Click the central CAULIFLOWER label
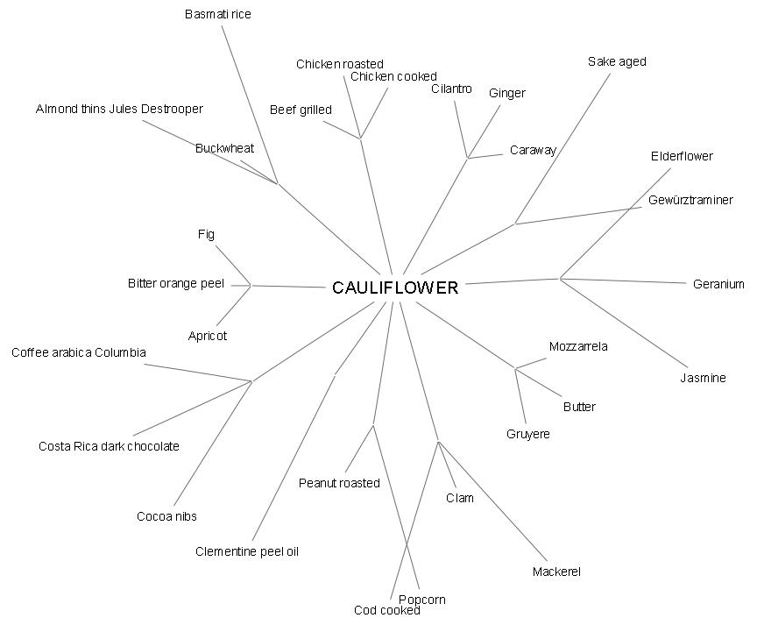395,288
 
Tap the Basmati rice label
218,14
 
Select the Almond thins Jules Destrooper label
119,109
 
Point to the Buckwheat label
224,148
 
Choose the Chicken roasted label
340,64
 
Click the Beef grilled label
301,110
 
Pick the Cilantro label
451,89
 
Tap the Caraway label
533,150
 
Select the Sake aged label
617,61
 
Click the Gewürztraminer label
690,200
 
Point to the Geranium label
718,284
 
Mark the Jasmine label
703,378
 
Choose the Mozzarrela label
578,346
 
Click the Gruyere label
528,434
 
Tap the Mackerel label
556,572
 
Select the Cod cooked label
387,610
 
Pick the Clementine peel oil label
247,551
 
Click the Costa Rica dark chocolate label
109,446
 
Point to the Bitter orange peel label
176,283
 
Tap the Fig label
206,234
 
